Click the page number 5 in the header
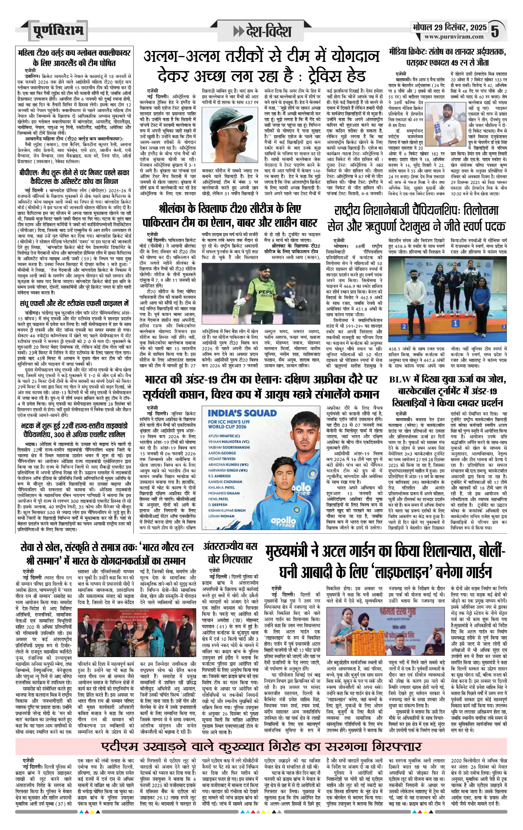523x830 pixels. click(495, 31)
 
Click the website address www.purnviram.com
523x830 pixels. click(454, 37)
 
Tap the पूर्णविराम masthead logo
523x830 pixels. click(58, 30)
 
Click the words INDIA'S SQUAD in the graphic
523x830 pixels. click(242, 413)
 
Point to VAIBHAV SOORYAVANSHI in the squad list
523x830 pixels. click(229, 447)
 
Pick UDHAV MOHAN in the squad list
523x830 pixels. click(221, 516)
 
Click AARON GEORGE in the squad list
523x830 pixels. click(222, 453)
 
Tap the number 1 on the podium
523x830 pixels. click(455, 323)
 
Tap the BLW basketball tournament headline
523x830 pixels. click(447, 391)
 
